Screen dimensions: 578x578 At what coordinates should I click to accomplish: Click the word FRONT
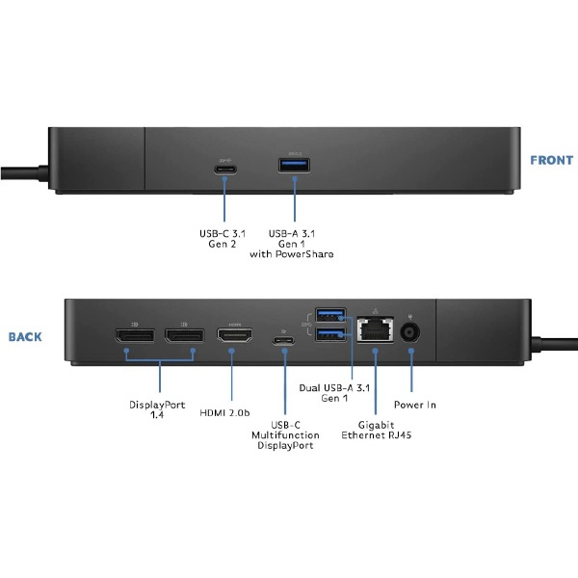click(x=551, y=161)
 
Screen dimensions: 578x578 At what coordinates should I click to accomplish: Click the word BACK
click(x=25, y=337)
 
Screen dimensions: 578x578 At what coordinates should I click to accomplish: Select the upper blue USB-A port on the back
click(x=330, y=315)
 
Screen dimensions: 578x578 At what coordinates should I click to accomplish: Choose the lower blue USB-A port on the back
click(x=330, y=334)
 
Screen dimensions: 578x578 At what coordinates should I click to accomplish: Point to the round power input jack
click(x=412, y=333)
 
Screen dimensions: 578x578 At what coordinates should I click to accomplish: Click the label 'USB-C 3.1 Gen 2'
click(x=224, y=239)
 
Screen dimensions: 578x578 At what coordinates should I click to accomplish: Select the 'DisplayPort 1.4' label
click(x=158, y=410)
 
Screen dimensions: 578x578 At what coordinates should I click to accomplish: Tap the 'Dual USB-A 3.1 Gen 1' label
click(x=335, y=392)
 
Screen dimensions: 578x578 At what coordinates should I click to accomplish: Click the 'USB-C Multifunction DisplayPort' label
click(x=284, y=434)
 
